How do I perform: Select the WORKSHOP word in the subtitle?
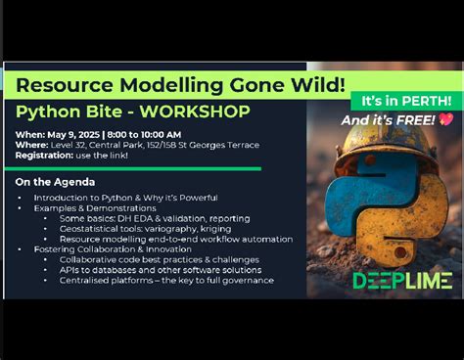201,111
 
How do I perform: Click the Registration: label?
42,156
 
